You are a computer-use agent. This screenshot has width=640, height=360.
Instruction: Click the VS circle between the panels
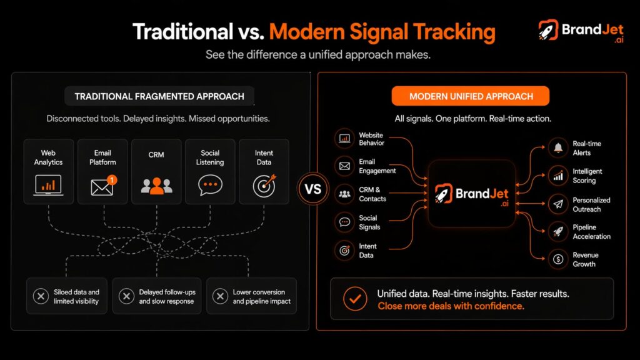[313, 188]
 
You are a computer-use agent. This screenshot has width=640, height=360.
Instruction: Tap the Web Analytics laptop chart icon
[48, 184]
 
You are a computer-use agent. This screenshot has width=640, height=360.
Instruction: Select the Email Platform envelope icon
[102, 186]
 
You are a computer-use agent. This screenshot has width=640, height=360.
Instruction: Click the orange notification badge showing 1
[112, 179]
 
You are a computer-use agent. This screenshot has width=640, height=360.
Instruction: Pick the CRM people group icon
[156, 185]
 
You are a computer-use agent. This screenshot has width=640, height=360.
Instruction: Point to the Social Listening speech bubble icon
[210, 185]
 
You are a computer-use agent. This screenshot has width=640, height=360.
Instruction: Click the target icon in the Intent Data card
[263, 185]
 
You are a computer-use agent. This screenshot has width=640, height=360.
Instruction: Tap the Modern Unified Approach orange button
[471, 96]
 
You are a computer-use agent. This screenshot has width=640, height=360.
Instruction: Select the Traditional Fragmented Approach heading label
[159, 96]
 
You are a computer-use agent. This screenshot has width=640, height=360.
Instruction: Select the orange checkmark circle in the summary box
[355, 299]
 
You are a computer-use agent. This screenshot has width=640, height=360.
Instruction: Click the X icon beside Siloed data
[41, 296]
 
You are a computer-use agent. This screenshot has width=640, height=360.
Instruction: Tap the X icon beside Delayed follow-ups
[126, 296]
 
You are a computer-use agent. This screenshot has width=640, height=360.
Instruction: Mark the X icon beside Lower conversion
[220, 296]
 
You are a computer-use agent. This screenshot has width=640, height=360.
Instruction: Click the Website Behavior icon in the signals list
[344, 139]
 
